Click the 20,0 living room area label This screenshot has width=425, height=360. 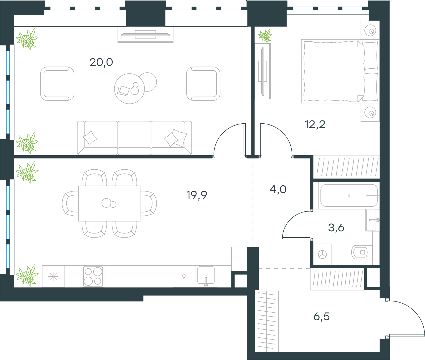pyautogui.click(x=101, y=62)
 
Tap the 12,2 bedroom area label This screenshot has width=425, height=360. pyautogui.click(x=315, y=124)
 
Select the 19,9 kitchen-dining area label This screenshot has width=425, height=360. pyautogui.click(x=197, y=195)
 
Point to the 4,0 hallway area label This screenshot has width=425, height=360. pyautogui.click(x=278, y=190)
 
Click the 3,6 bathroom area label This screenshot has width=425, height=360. pyautogui.click(x=336, y=228)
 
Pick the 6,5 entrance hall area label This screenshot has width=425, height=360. pyautogui.click(x=322, y=317)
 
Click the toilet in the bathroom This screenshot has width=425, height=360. pyautogui.click(x=362, y=252)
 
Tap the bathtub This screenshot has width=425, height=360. pyautogui.click(x=349, y=195)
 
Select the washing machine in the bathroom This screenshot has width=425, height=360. pyautogui.click(x=322, y=254)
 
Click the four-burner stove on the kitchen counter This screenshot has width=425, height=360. pyautogui.click(x=93, y=277)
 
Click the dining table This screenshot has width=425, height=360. pyautogui.click(x=109, y=203)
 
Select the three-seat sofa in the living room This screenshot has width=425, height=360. pyautogui.click(x=134, y=138)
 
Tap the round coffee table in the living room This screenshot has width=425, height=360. pyautogui.click(x=129, y=89)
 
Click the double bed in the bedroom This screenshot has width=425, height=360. pyautogui.click(x=340, y=71)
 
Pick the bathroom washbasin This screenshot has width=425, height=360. pyautogui.click(x=372, y=220)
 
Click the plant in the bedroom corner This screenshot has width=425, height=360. pyautogui.click(x=265, y=36)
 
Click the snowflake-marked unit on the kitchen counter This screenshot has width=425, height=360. pyautogui.click(x=53, y=277)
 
